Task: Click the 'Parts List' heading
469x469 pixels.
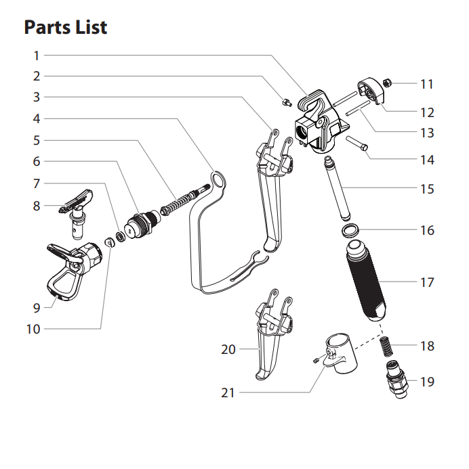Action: pyautogui.click(x=65, y=28)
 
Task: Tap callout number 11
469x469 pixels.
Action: pyautogui.click(x=426, y=85)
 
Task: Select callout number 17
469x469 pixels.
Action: pyautogui.click(x=426, y=282)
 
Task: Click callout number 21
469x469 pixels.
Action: pyautogui.click(x=228, y=393)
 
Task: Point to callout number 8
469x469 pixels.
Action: pyautogui.click(x=37, y=206)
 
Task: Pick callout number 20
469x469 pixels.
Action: pyautogui.click(x=228, y=349)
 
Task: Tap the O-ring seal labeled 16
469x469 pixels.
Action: pyautogui.click(x=350, y=231)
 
